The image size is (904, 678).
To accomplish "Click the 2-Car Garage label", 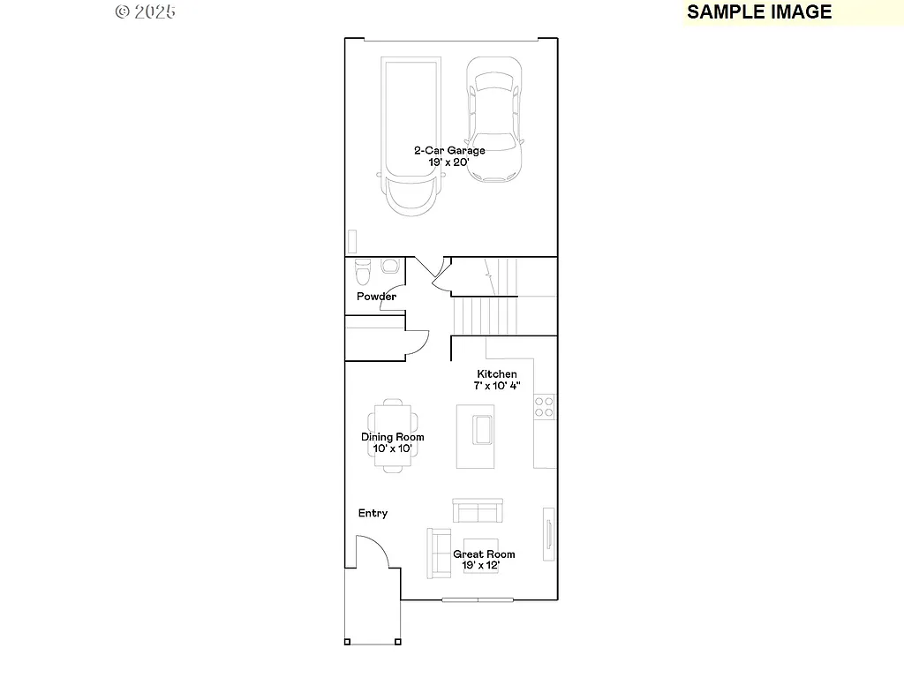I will (x=449, y=150).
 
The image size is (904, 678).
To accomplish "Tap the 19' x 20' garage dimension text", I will (x=449, y=162).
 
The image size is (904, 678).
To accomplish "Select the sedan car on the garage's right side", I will (x=493, y=120).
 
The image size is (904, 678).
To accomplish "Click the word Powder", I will (x=376, y=297).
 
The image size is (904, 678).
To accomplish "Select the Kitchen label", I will (x=497, y=374).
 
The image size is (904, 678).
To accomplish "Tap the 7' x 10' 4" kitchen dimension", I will (x=497, y=386).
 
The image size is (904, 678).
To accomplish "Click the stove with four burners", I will (x=544, y=407).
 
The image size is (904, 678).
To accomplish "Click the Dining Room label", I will (x=392, y=437).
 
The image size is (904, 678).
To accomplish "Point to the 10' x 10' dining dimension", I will (x=392, y=448).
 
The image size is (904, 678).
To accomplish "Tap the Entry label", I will (x=373, y=514).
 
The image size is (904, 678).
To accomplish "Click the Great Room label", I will (x=484, y=554).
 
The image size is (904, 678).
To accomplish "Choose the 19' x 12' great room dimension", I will (x=484, y=566).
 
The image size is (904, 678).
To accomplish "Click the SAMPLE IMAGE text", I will (x=759, y=11).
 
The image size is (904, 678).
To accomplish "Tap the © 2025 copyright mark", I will (x=146, y=11).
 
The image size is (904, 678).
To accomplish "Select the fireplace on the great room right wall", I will (x=548, y=532).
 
